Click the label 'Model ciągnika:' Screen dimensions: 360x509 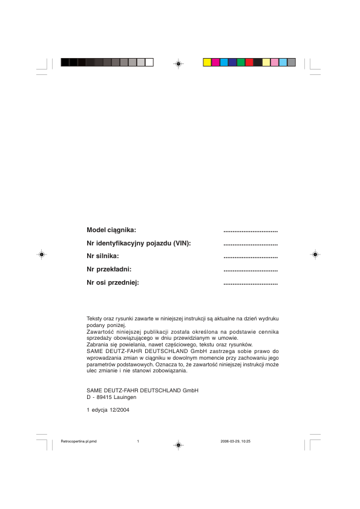(x=112, y=230)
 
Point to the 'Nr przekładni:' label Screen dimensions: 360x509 (x=110, y=269)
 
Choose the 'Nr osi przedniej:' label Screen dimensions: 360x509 (x=113, y=282)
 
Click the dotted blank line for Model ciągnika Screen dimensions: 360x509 (x=250, y=231)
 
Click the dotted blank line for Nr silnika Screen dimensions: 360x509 (x=250, y=258)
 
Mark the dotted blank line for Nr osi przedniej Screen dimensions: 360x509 (x=250, y=284)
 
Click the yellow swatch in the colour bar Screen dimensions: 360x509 (x=207, y=62)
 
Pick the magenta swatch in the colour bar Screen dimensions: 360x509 (x=215, y=62)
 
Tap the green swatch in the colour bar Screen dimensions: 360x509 (x=241, y=62)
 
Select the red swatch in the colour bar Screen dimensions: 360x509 (x=249, y=62)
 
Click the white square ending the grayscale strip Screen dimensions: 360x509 (x=149, y=62)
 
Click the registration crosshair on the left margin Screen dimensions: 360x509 (x=41, y=255)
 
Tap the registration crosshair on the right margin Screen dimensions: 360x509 (x=315, y=255)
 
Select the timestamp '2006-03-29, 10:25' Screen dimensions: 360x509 (x=236, y=441)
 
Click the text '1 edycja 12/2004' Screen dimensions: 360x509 (x=108, y=410)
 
